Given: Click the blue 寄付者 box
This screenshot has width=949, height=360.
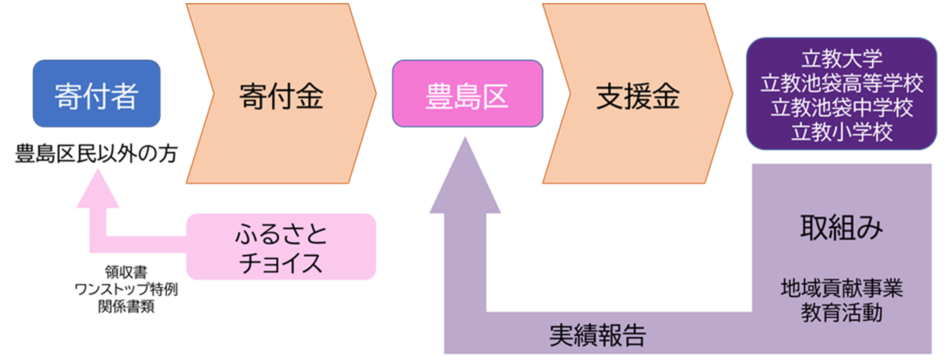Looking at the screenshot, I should pyautogui.click(x=96, y=94).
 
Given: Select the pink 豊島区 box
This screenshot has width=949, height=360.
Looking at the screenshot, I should pyautogui.click(x=467, y=94).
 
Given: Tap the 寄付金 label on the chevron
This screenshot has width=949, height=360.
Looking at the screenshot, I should pyautogui.click(x=281, y=96).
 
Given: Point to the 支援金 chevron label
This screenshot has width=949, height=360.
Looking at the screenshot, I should pyautogui.click(x=637, y=96).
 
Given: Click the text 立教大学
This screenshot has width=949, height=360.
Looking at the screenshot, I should pyautogui.click(x=841, y=59).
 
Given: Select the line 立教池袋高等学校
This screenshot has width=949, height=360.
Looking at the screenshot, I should pyautogui.click(x=841, y=83).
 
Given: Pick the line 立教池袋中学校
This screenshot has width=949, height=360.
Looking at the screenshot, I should pyautogui.click(x=841, y=108).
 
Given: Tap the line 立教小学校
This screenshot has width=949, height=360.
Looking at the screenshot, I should pyautogui.click(x=841, y=132).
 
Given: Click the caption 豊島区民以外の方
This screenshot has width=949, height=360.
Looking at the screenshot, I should pyautogui.click(x=96, y=153).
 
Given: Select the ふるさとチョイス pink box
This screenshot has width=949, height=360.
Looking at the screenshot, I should pyautogui.click(x=281, y=247).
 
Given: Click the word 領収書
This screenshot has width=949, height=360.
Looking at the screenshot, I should pyautogui.click(x=126, y=272).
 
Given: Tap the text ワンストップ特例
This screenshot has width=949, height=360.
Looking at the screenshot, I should pyautogui.click(x=126, y=289).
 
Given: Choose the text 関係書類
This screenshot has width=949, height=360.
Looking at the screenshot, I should pyautogui.click(x=126, y=307).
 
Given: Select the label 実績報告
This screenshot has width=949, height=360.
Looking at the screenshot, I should pyautogui.click(x=597, y=335).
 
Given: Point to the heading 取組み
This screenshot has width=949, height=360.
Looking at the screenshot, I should pyautogui.click(x=841, y=228).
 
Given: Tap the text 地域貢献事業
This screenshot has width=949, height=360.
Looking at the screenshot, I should pyautogui.click(x=841, y=288).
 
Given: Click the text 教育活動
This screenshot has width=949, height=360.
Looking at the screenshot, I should pyautogui.click(x=841, y=313).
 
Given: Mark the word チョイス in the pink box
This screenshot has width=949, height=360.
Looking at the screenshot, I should pyautogui.click(x=281, y=263).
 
